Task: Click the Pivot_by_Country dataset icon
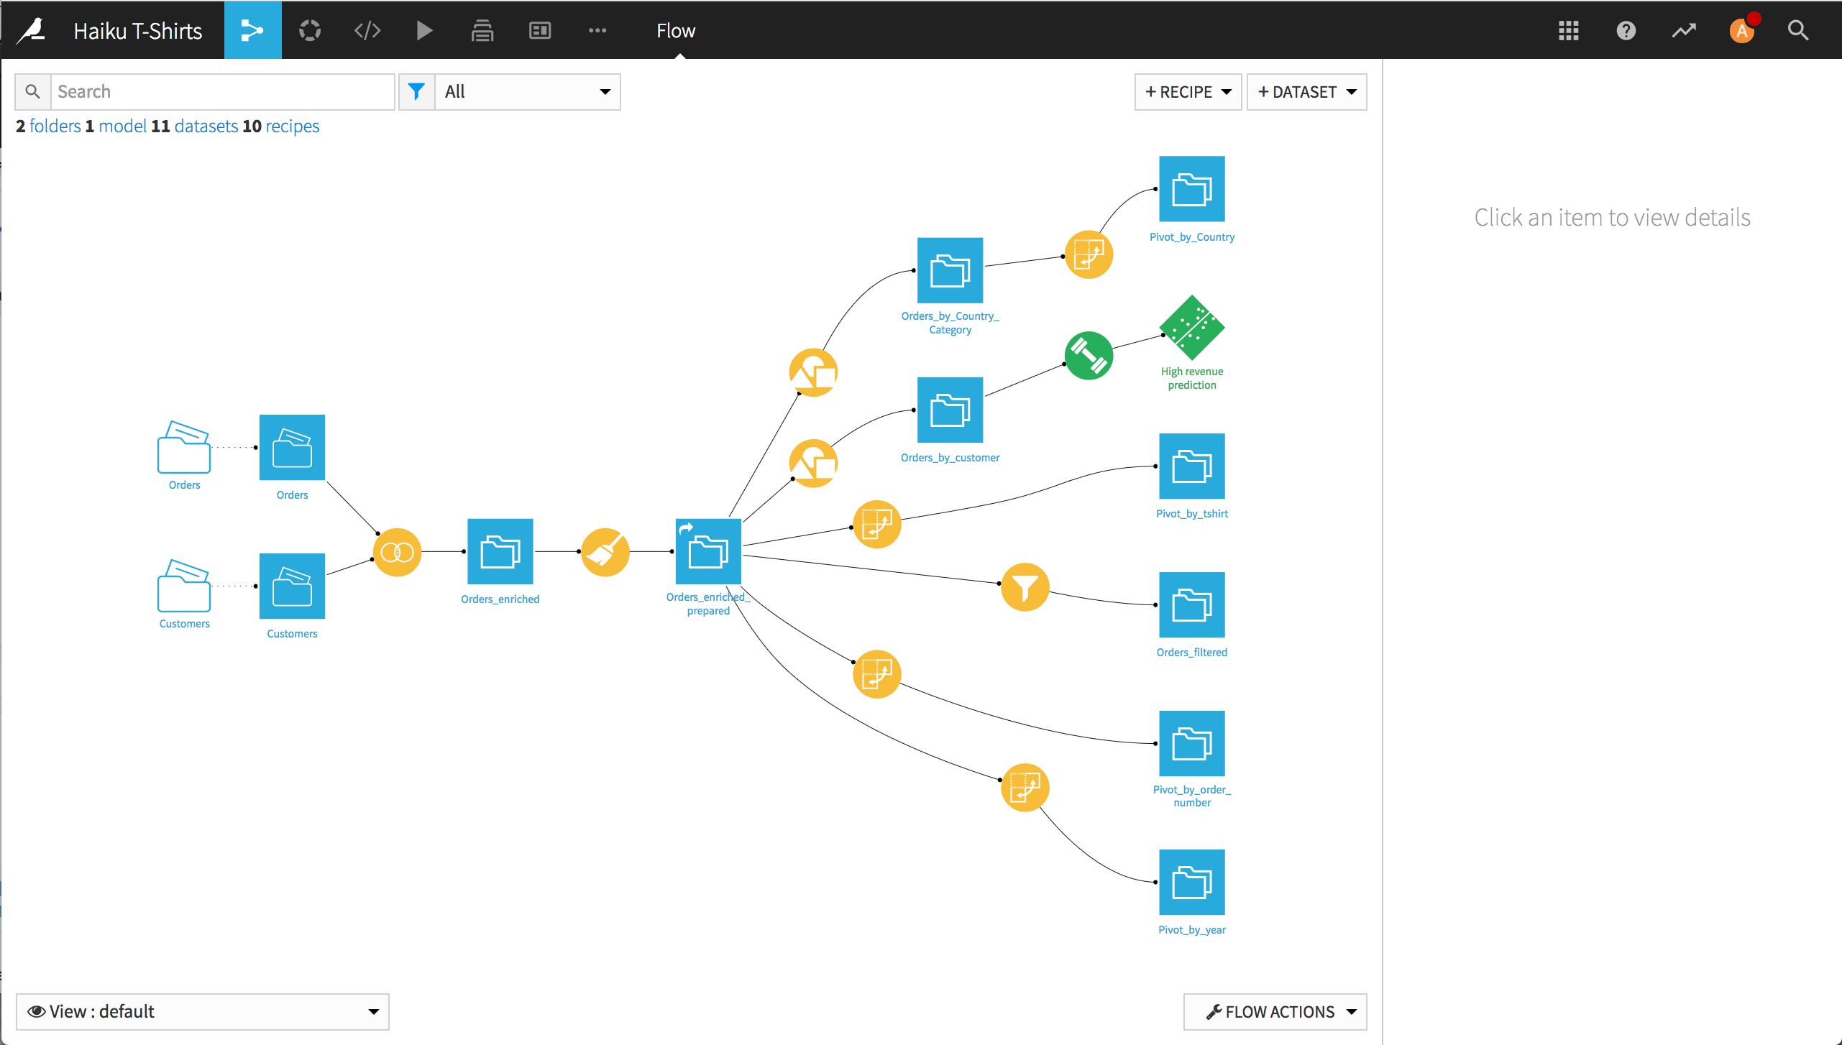pos(1191,189)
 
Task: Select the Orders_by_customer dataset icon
pos(950,410)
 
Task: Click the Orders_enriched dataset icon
pos(500,551)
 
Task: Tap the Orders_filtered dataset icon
pos(1191,604)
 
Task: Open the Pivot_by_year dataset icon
pos(1191,882)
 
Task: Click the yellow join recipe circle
pos(397,552)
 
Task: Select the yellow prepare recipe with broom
pos(605,552)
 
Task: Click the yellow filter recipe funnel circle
pos(1025,586)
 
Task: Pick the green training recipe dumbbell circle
pos(1089,356)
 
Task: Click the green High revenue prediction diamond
pos(1191,328)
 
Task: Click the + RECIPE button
pos(1188,92)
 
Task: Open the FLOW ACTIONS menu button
pos(1275,1011)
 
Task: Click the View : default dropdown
pos(202,1011)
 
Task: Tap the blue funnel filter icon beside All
pos(416,92)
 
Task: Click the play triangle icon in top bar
pos(424,30)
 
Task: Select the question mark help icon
pos(1626,30)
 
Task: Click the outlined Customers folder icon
pos(184,586)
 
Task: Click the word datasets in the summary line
pos(206,126)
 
